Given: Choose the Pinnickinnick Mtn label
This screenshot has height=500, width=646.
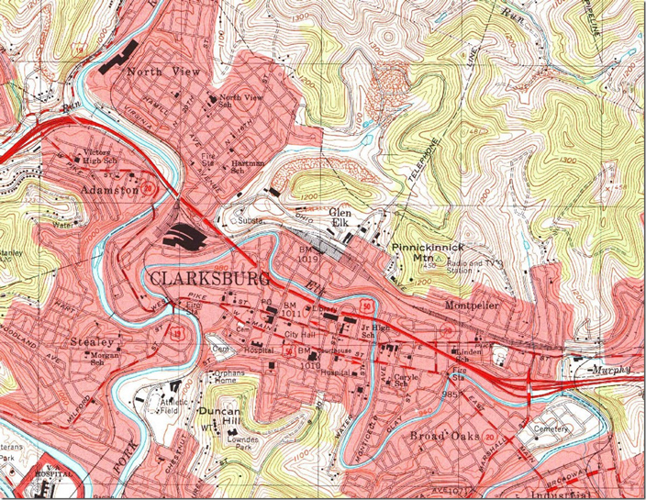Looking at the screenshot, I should pos(427,253).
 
